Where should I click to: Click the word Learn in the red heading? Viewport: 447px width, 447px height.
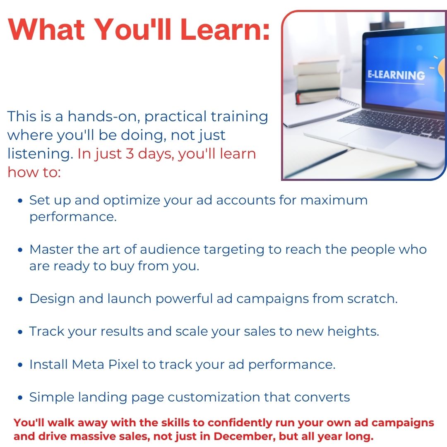tap(225, 29)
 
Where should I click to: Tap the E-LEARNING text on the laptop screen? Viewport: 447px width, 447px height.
tap(396, 75)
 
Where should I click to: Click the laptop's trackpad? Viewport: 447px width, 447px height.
tap(370, 137)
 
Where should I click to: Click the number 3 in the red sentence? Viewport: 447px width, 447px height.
tap(130, 154)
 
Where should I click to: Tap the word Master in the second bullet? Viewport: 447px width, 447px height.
tap(51, 250)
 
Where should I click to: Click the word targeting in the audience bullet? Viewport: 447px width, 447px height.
tap(234, 250)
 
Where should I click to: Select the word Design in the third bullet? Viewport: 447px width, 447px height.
tap(52, 299)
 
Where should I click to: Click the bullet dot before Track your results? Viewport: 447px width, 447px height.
tap(20, 332)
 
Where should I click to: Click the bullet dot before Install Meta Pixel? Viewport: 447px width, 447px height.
tap(20, 365)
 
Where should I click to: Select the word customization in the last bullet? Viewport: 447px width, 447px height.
tap(214, 397)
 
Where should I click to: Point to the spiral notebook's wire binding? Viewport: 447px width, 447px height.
tap(347, 101)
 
